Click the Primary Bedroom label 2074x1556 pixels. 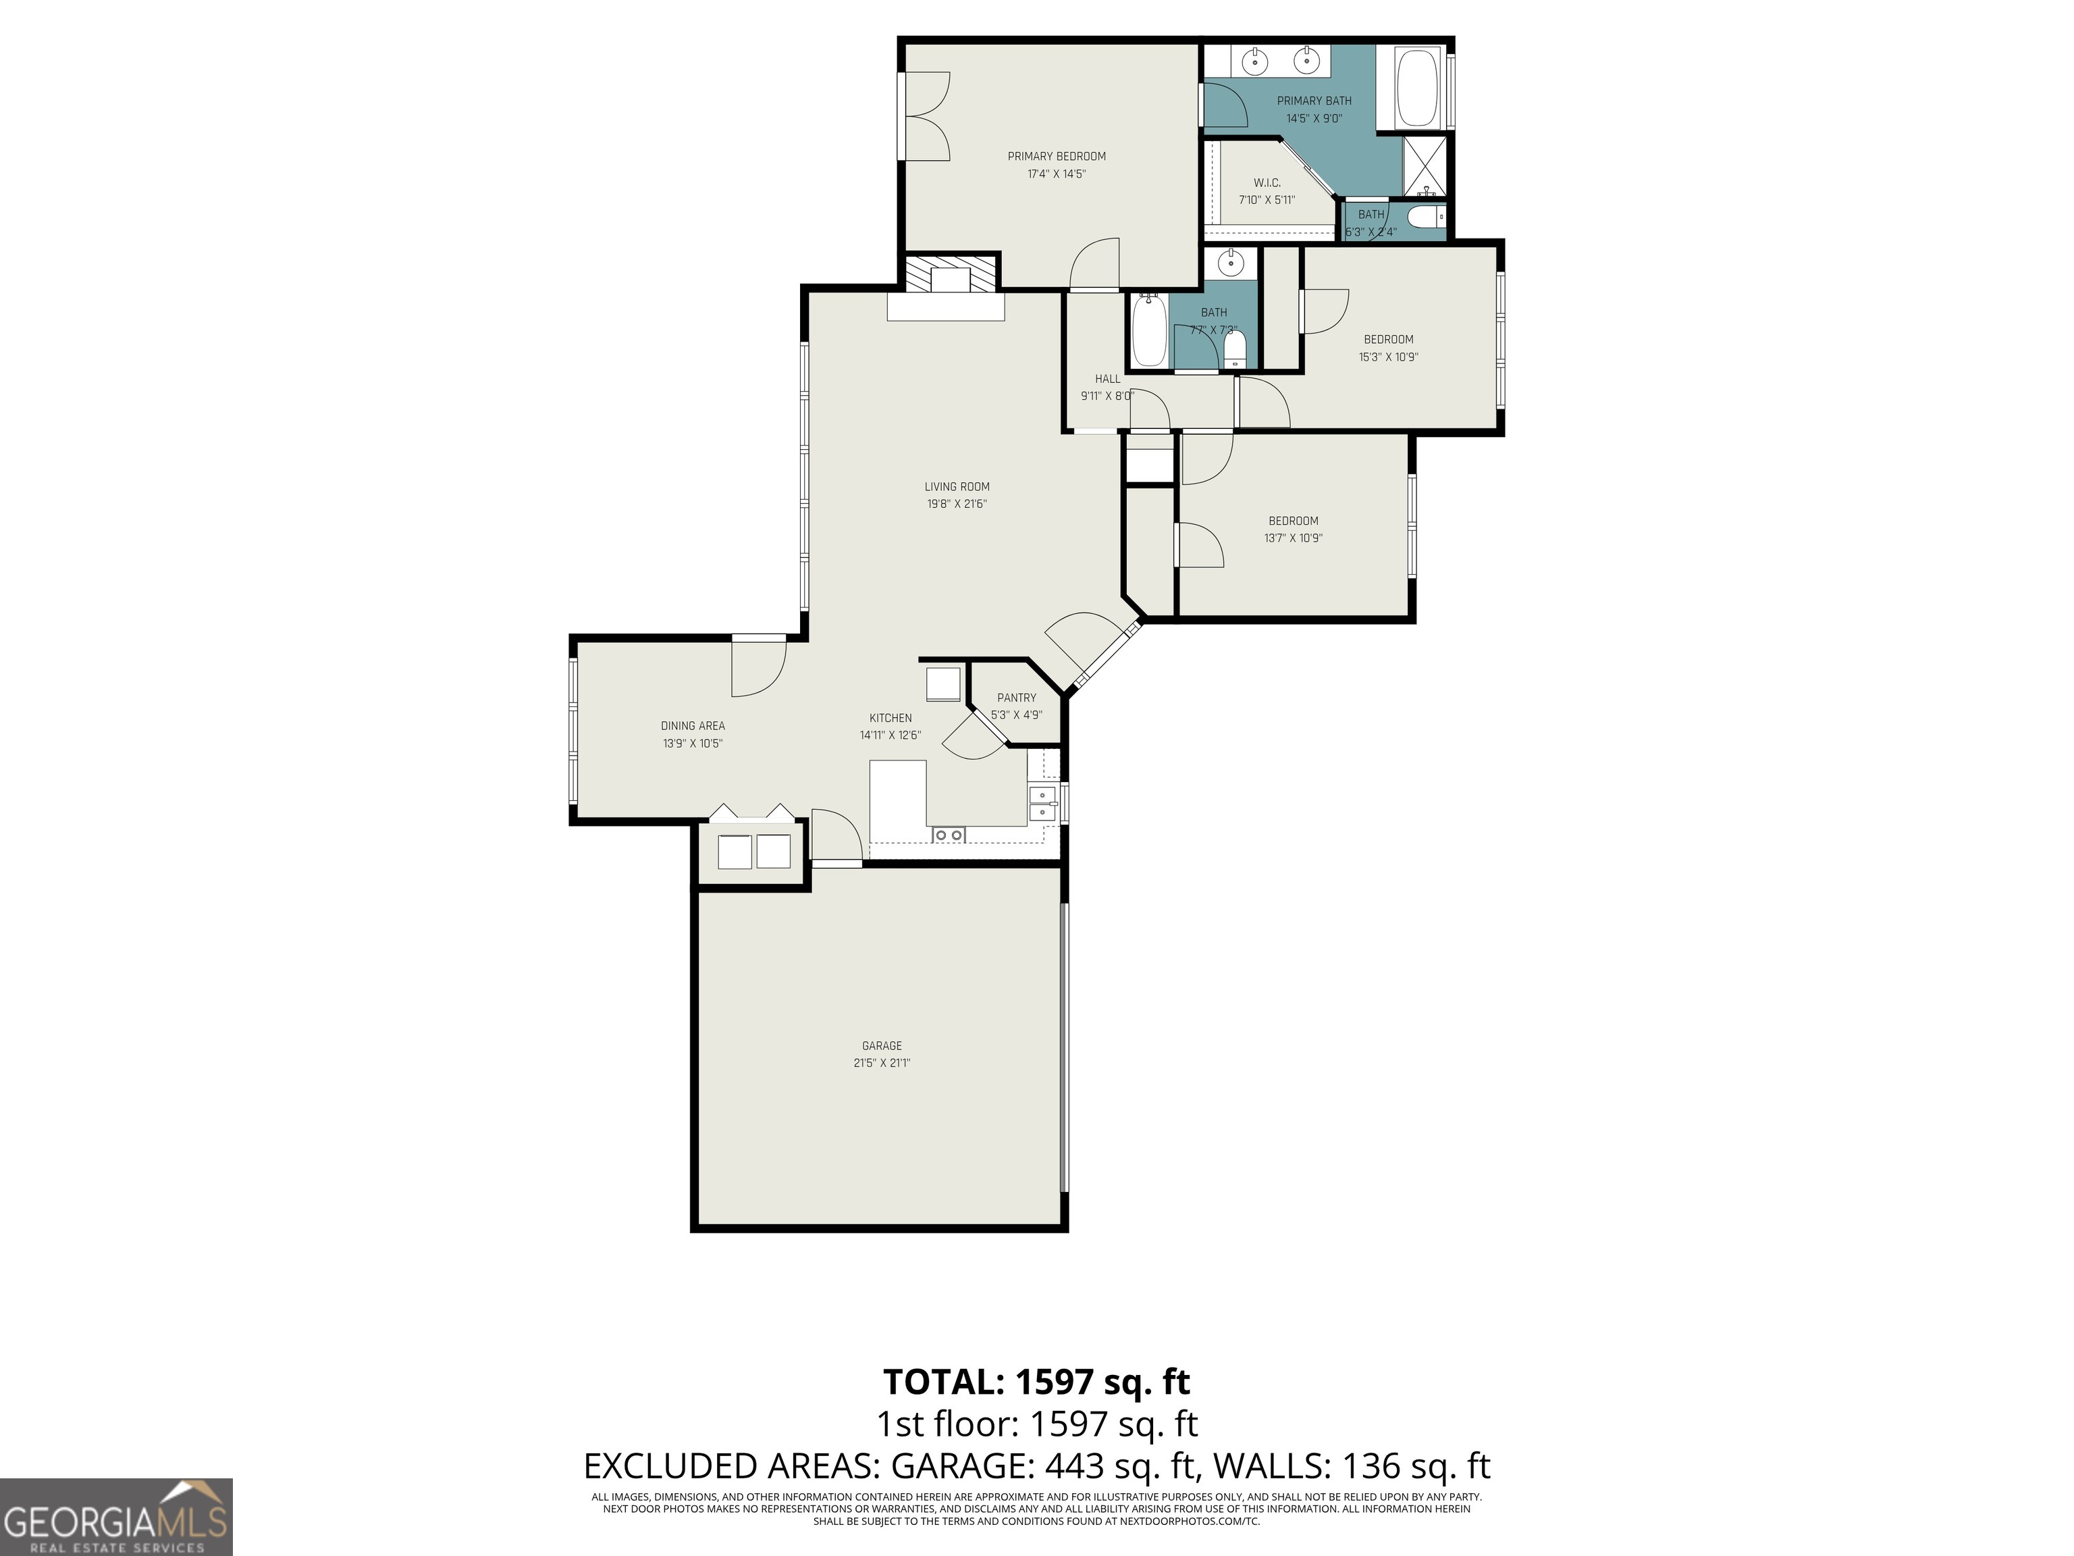point(1056,157)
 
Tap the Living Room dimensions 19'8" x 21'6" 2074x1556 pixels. point(957,504)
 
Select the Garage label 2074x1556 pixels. point(881,1045)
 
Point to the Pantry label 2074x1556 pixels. point(1016,698)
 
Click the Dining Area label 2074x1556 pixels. point(692,726)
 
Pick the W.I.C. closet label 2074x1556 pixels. point(1267,183)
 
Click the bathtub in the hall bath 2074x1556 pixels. point(1148,331)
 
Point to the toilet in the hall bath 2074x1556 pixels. point(1235,349)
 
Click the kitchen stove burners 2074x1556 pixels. point(948,835)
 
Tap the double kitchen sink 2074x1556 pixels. point(1042,804)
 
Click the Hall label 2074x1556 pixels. point(1107,379)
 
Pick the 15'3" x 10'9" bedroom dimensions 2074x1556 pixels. point(1387,357)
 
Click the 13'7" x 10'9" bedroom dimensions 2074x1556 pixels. point(1293,538)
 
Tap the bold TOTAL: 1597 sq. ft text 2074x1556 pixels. point(1036,1382)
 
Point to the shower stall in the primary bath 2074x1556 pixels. point(1425,167)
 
